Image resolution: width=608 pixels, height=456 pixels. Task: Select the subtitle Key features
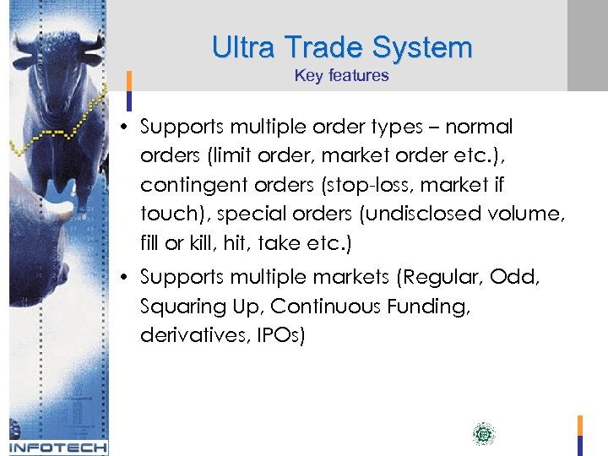pos(341,76)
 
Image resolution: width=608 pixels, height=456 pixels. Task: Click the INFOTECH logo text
pos(58,447)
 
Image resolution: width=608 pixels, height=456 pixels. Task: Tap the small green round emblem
pos(483,435)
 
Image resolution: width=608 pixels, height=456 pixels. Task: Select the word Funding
pos(436,307)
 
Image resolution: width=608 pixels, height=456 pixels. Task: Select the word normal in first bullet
pos(479,127)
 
